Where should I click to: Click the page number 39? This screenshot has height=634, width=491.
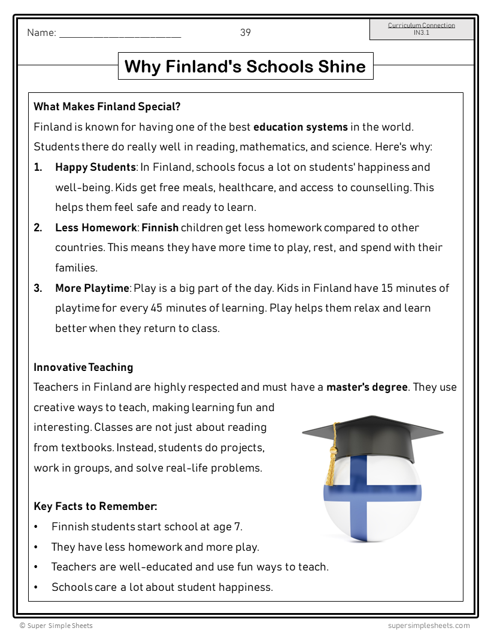point(245,32)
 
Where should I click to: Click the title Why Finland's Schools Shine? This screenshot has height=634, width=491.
point(245,66)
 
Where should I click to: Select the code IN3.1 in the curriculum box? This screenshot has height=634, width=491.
point(422,33)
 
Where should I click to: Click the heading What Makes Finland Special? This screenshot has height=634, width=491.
point(107,107)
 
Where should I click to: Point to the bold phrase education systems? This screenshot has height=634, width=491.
point(301,127)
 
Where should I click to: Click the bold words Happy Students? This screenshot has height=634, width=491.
point(95,167)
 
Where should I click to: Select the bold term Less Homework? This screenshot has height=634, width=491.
point(96,228)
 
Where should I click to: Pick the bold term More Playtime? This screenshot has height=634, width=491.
point(92,288)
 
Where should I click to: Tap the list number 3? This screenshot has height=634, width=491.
point(38,288)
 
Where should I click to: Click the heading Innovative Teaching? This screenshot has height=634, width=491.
point(83,367)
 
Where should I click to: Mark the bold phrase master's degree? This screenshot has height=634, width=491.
point(367,387)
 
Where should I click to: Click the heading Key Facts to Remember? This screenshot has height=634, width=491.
point(95,506)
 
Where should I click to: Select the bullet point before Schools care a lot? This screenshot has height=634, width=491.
point(37,587)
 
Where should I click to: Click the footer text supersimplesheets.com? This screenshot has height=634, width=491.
point(429,626)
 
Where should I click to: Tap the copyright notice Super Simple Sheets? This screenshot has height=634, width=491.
point(56,626)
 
